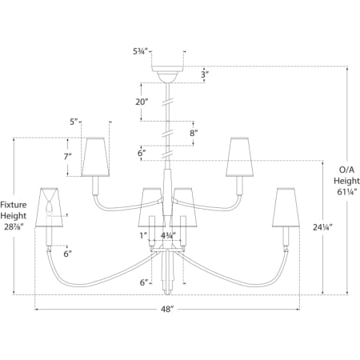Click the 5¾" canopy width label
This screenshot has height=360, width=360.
point(140,51)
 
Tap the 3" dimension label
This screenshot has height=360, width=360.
point(205,74)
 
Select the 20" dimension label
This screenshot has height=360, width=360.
point(142,102)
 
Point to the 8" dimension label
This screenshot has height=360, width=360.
point(194,133)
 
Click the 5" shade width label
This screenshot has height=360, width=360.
point(74,122)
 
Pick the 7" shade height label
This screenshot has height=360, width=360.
point(68,157)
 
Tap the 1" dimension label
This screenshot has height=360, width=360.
point(143,236)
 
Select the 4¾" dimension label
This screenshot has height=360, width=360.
point(168,236)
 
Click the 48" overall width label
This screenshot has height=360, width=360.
point(167,309)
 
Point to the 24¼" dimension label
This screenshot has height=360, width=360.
point(322,227)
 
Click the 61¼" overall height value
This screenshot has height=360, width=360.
point(346,192)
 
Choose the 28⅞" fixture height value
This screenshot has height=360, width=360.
point(14,227)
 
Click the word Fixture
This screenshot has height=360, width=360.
point(14,205)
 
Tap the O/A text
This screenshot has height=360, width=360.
point(346,170)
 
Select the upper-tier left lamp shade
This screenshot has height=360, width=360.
point(95,157)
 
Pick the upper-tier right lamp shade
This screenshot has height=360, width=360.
point(239,157)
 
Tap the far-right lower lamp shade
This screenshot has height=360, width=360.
point(286,208)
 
